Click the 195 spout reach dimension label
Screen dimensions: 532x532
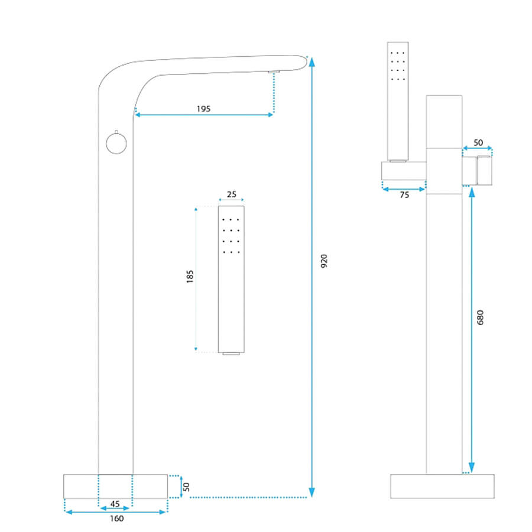point(203,109)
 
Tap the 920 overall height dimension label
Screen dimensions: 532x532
point(325,261)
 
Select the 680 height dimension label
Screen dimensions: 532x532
point(481,317)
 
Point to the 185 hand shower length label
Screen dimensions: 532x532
point(190,277)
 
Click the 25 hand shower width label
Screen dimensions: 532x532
point(231,194)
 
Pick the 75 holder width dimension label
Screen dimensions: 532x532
point(404,195)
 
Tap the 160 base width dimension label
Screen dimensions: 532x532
point(116,518)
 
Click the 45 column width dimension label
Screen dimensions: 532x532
point(115,504)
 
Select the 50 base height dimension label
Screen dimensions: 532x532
point(186,487)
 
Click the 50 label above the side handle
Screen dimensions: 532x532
point(478,142)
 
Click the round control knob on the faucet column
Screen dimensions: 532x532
point(116,143)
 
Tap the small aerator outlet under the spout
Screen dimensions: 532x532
point(274,72)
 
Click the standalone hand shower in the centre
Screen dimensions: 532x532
point(231,280)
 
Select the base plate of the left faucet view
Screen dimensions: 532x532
point(116,486)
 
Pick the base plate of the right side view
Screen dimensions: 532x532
point(442,486)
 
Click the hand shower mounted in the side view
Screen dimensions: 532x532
point(398,102)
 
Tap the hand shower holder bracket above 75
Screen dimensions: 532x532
point(404,171)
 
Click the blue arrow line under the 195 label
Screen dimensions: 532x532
point(204,115)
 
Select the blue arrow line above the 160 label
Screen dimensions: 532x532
point(116,512)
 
